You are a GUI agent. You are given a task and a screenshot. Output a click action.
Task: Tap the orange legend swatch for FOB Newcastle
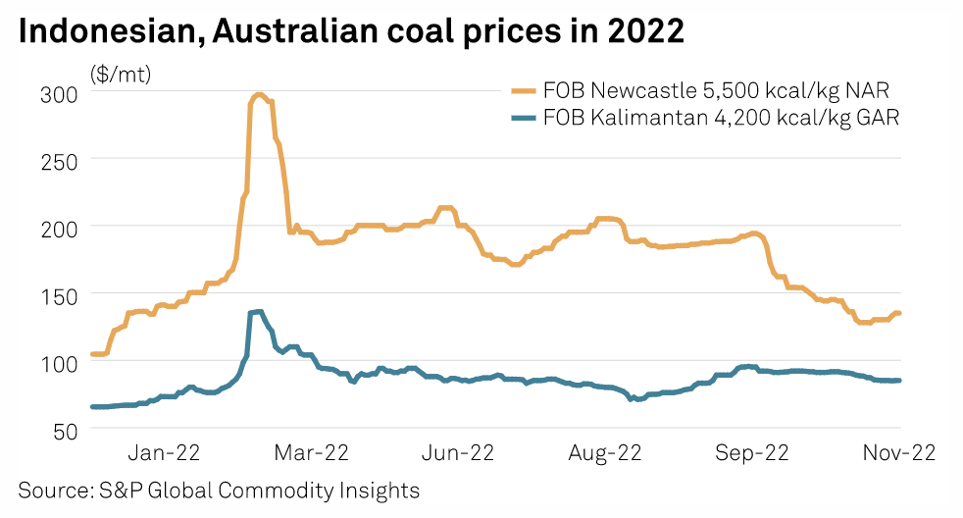click(x=525, y=91)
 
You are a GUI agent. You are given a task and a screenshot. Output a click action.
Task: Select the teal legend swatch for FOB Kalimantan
click(x=525, y=118)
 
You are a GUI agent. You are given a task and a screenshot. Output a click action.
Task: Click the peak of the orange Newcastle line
click(x=259, y=95)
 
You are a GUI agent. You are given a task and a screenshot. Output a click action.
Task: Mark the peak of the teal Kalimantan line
click(x=257, y=312)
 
